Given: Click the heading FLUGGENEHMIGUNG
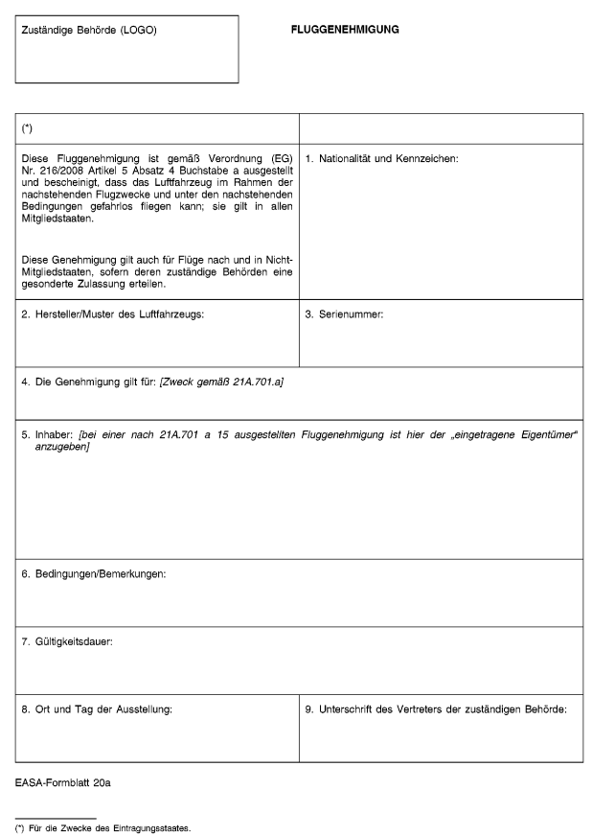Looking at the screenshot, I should (345, 30).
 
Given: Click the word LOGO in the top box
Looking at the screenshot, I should (136, 30).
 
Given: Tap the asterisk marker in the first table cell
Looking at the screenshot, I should (27, 128).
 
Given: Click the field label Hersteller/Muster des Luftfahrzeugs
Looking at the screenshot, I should (113, 314).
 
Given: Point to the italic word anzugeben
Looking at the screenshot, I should (56, 449).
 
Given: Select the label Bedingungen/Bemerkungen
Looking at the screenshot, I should (94, 573).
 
